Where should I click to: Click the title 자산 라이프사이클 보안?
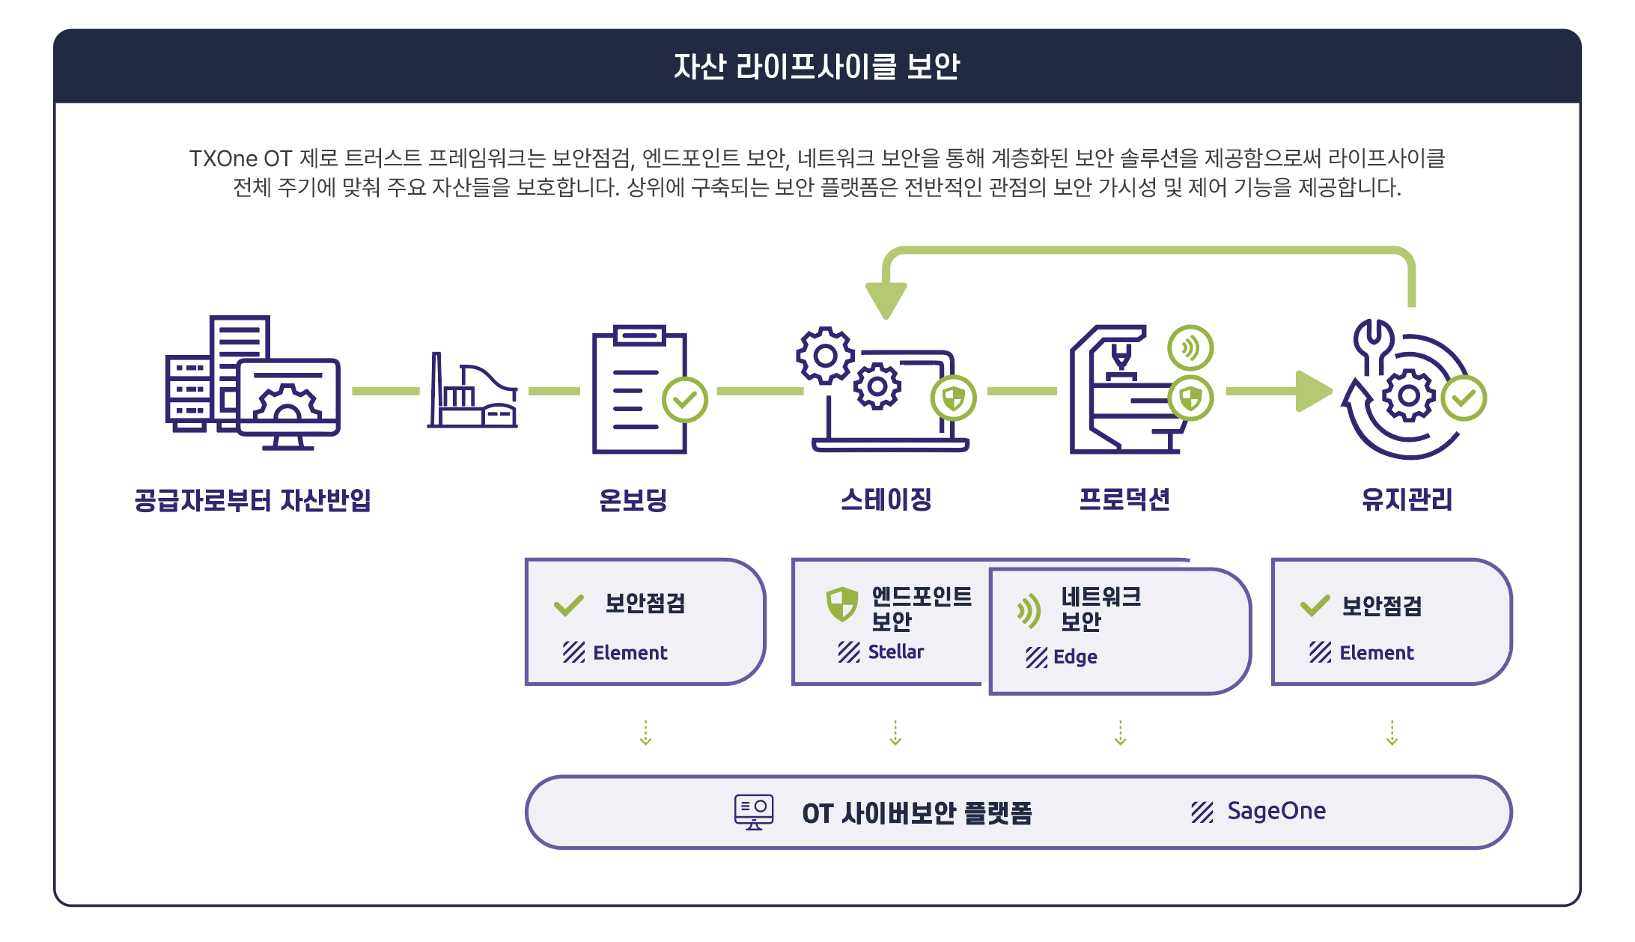(x=817, y=67)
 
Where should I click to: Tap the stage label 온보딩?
(x=633, y=499)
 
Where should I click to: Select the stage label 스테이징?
(x=886, y=499)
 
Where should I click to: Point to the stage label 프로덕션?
(x=1124, y=499)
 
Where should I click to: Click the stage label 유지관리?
(x=1407, y=499)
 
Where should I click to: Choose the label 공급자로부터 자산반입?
(x=252, y=500)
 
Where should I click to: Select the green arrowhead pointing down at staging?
(x=886, y=298)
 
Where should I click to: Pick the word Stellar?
(x=895, y=652)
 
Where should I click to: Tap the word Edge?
(x=1075, y=657)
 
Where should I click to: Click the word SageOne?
(x=1276, y=811)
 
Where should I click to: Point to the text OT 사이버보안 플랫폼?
(x=917, y=813)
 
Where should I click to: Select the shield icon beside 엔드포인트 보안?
(x=841, y=604)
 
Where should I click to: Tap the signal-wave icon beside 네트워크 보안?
(x=1029, y=611)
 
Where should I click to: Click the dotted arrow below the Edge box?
(x=1120, y=733)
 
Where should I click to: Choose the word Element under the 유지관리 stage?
(x=1376, y=653)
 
